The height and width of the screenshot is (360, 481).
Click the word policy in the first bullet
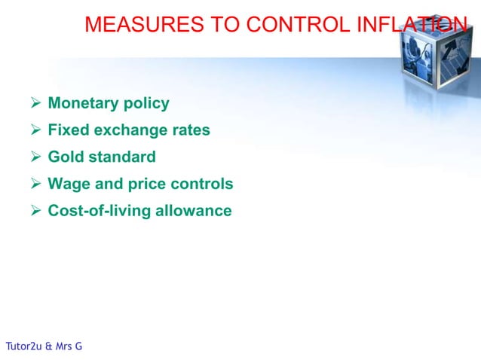click(146, 104)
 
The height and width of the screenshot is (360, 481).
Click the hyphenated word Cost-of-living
click(99, 211)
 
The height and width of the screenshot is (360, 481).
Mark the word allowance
click(194, 211)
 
